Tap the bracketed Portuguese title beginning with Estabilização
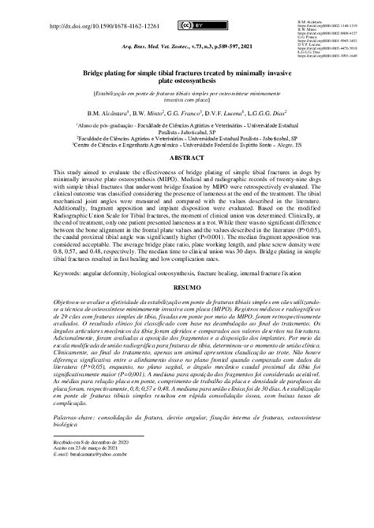click(186, 93)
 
